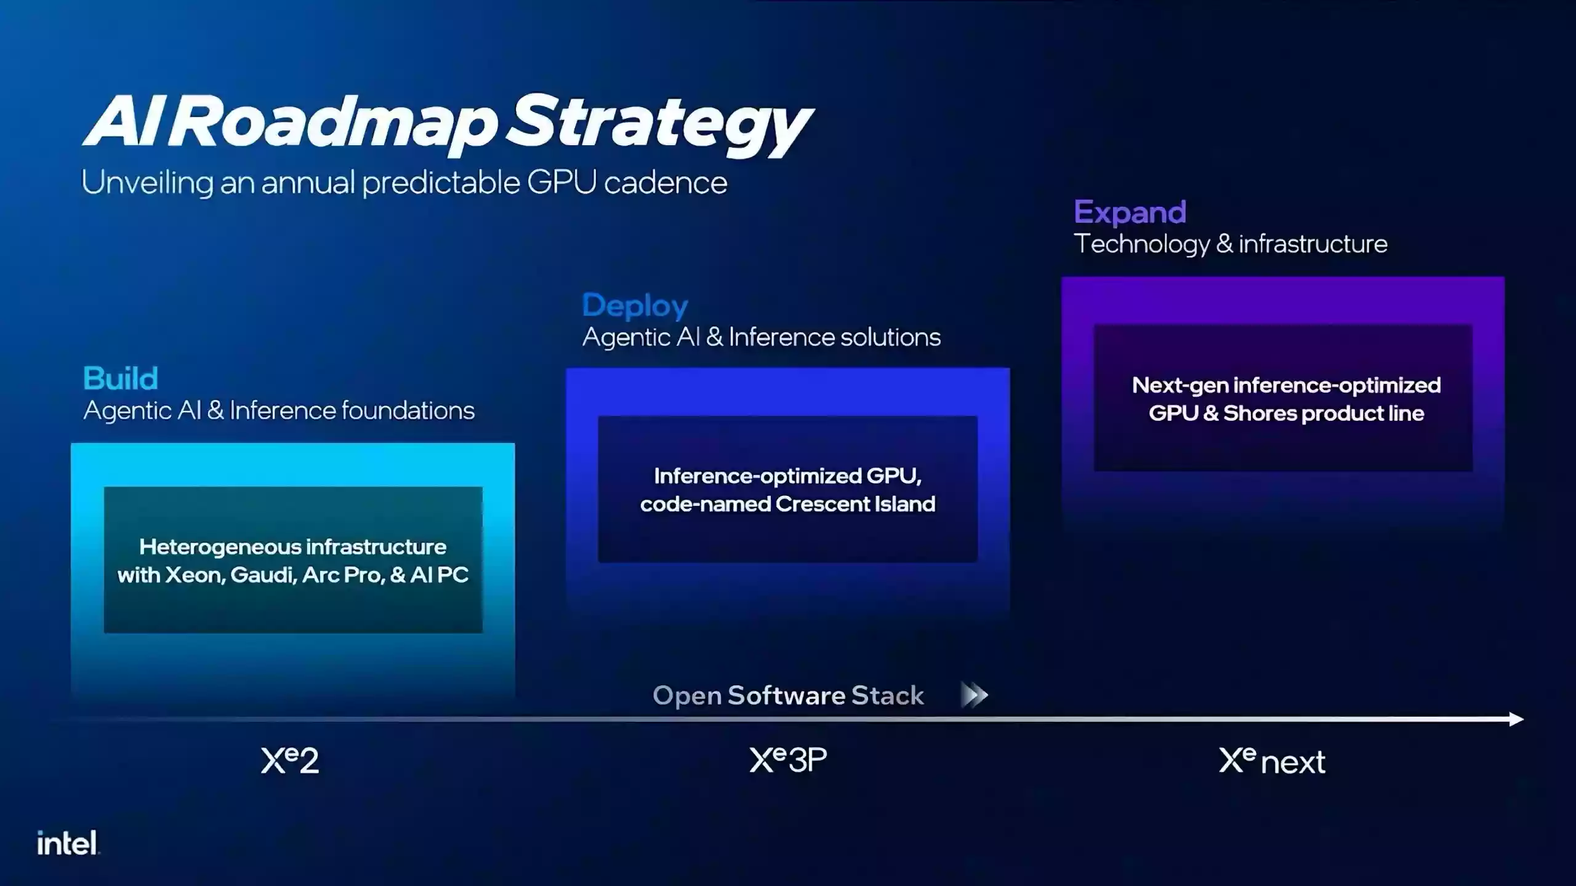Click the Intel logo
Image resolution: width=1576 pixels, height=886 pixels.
coord(67,843)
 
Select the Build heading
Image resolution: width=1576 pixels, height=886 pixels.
coord(121,378)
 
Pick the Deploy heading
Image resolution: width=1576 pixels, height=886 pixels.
coord(635,306)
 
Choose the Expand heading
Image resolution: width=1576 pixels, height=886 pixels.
coord(1130,212)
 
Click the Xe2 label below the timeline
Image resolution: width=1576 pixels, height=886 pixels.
coord(290,760)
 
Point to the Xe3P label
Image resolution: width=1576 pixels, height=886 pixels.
coord(788,760)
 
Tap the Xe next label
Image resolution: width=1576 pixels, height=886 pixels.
coord(1272,761)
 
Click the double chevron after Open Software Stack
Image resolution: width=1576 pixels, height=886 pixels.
coord(975,695)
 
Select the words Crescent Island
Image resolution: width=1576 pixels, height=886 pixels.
coord(855,505)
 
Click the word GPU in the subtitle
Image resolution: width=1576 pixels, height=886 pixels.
coord(561,183)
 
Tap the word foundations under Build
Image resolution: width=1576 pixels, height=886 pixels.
coord(408,410)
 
